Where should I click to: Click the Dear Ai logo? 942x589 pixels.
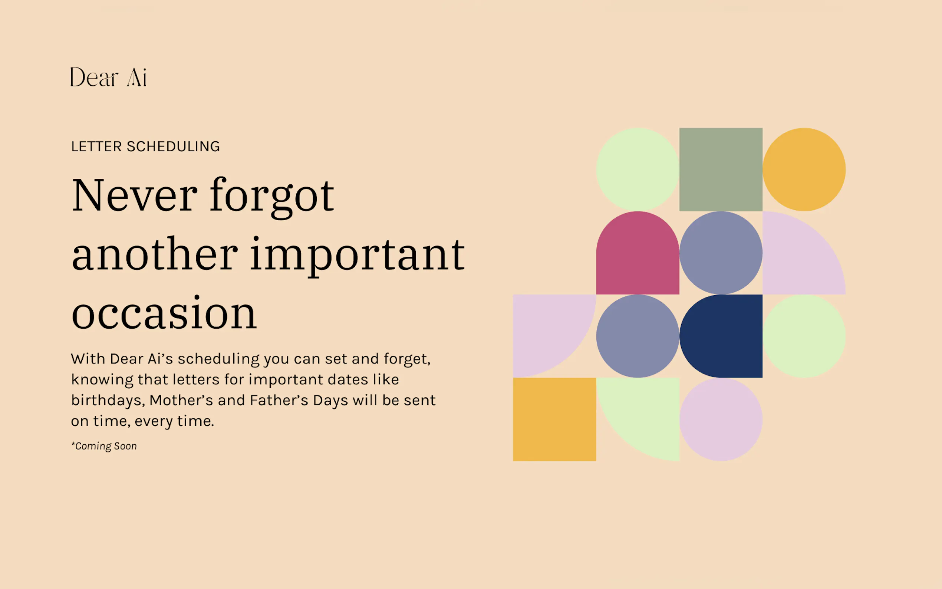(x=108, y=77)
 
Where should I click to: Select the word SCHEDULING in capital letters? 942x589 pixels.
(x=173, y=147)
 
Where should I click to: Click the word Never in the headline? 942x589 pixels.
(x=135, y=195)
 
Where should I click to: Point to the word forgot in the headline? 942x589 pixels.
(x=272, y=197)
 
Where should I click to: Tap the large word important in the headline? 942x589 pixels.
(x=358, y=256)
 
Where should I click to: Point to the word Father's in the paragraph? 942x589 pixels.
(x=279, y=400)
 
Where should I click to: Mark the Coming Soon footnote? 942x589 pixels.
(x=104, y=446)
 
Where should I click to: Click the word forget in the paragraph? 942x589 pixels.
(x=407, y=359)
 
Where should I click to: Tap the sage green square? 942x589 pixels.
(x=721, y=170)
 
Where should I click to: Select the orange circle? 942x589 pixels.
(x=804, y=170)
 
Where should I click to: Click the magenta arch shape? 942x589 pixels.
(x=638, y=253)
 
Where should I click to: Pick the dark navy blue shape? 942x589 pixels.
(x=721, y=336)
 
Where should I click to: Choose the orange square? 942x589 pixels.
(x=554, y=419)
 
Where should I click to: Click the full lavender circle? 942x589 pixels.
(x=721, y=419)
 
